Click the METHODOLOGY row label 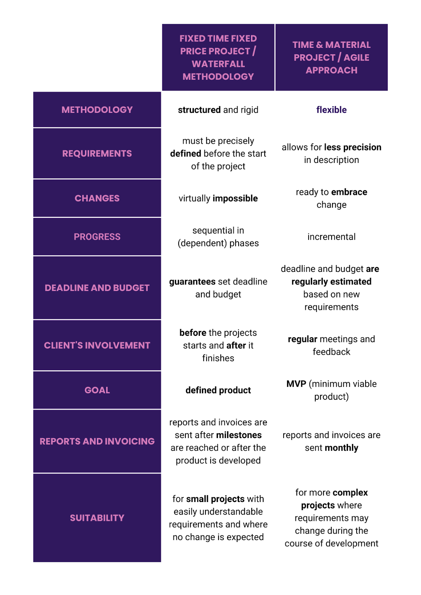[x=97, y=110]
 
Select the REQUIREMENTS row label [x=97, y=153]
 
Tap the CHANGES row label [x=97, y=198]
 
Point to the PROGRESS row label [x=97, y=237]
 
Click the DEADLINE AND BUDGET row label [x=97, y=288]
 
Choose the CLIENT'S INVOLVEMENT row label [x=97, y=345]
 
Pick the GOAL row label [x=97, y=390]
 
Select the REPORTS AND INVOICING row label [x=97, y=441]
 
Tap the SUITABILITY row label [x=97, y=518]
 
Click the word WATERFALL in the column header [x=218, y=64]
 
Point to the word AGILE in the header [x=356, y=57]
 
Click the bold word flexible [x=331, y=110]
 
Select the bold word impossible [x=235, y=199]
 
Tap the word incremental [x=331, y=237]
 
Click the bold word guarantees [x=192, y=282]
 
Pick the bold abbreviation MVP [x=296, y=384]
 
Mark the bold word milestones [x=239, y=435]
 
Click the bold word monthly [x=341, y=448]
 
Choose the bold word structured [x=199, y=110]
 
